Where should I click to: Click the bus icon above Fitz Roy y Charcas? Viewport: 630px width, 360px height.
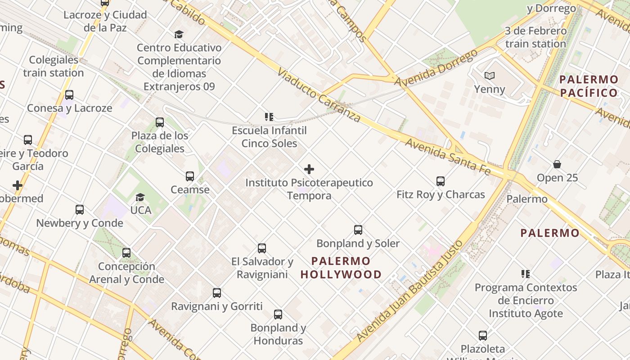point(441,181)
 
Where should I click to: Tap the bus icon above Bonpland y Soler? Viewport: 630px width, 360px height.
point(358,230)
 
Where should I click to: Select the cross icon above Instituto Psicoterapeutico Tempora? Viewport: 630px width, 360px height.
point(309,169)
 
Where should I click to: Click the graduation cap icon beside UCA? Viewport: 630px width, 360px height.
point(140,197)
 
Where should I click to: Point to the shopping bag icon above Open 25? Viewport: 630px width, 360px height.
point(557,164)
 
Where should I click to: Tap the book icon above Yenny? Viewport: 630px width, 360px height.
point(490,76)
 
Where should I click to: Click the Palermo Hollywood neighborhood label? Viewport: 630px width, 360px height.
point(341,268)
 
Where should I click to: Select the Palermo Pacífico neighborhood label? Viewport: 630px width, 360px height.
point(589,86)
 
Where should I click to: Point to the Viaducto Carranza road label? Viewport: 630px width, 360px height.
point(319,95)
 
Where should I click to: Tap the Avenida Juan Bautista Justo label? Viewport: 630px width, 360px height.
point(409,292)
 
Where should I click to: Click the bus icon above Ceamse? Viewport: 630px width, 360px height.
point(190,176)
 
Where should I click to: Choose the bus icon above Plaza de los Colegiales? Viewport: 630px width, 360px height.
point(160,122)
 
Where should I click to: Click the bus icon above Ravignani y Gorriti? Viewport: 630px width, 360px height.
point(217,293)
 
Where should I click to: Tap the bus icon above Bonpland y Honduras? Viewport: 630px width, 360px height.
point(278,315)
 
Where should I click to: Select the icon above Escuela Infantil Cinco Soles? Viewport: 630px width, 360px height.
point(269,117)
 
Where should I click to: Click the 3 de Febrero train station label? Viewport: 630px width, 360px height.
point(535,37)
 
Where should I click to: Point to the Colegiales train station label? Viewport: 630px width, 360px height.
point(54,66)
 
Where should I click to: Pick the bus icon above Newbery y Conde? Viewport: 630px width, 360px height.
point(80,210)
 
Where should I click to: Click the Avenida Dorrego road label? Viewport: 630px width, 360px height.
point(436,68)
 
